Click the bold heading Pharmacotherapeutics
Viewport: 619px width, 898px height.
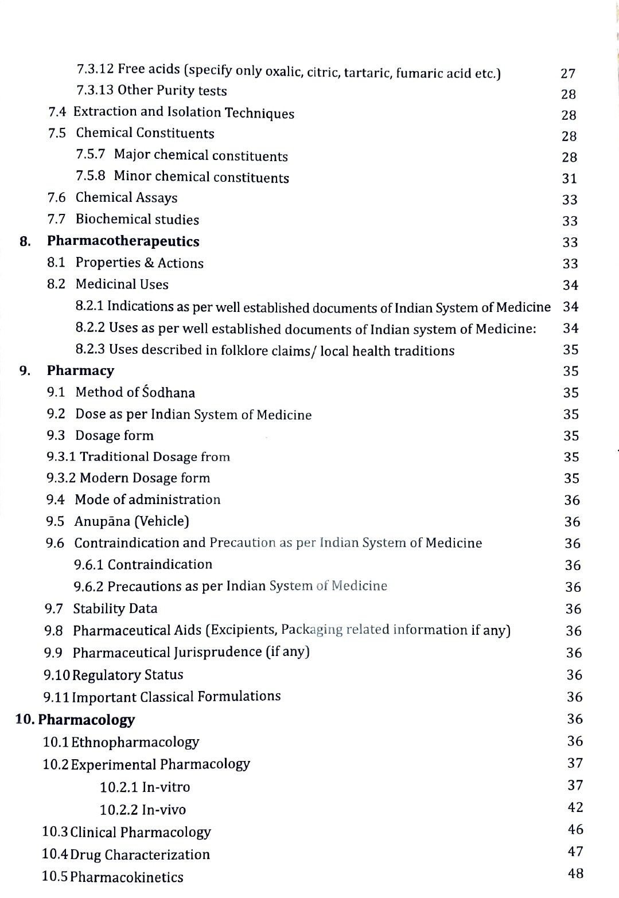pyautogui.click(x=123, y=241)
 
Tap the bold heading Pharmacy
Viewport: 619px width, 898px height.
pyautogui.click(x=80, y=370)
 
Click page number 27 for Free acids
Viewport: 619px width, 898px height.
pyautogui.click(x=567, y=73)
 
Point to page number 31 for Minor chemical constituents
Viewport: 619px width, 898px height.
pyautogui.click(x=569, y=178)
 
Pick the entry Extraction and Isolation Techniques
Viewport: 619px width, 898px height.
pyautogui.click(x=184, y=112)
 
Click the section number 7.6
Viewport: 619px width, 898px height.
pyautogui.click(x=56, y=198)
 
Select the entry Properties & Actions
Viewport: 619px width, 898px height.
pyautogui.click(x=139, y=263)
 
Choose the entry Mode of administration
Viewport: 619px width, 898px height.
pyautogui.click(x=147, y=499)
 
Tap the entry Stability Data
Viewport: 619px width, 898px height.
pyautogui.click(x=115, y=608)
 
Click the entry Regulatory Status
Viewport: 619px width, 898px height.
pyautogui.click(x=127, y=675)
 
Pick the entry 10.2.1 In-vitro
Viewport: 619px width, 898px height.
pyautogui.click(x=145, y=787)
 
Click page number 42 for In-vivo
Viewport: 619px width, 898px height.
pyautogui.click(x=575, y=807)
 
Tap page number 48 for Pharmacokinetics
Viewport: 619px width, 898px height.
pyautogui.click(x=575, y=873)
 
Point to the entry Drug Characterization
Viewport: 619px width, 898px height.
pyautogui.click(x=139, y=854)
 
